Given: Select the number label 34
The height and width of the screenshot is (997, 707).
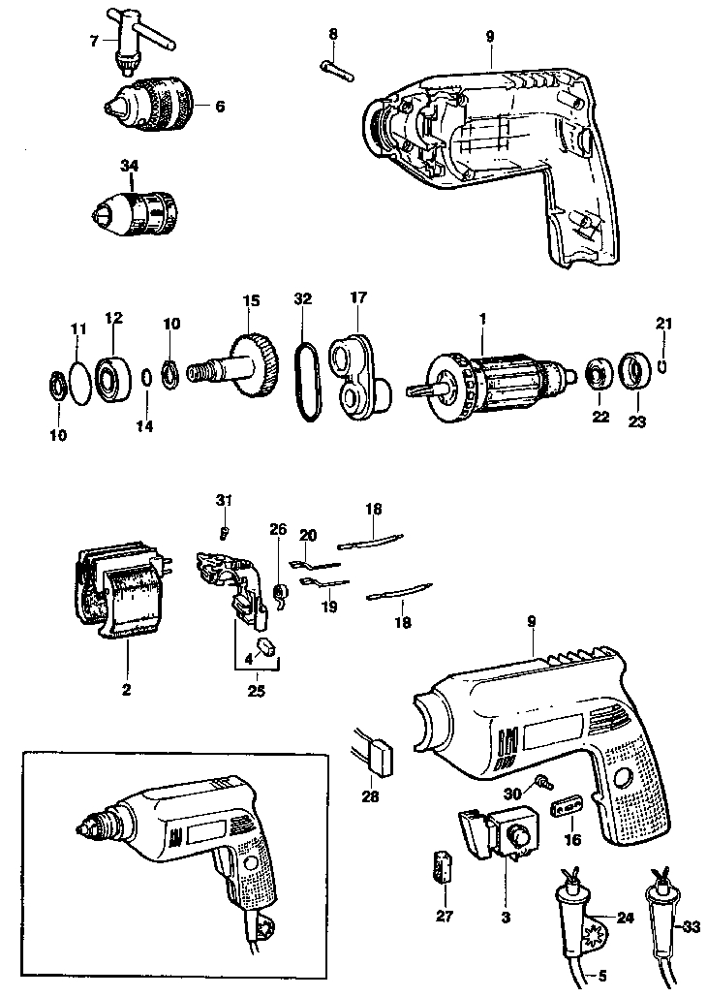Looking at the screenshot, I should (x=129, y=166).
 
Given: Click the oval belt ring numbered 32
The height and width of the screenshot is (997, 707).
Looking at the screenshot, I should (x=305, y=384).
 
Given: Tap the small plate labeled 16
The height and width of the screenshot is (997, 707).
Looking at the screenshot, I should (x=567, y=808).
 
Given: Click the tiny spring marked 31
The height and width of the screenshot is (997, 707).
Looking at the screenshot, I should (x=224, y=531).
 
